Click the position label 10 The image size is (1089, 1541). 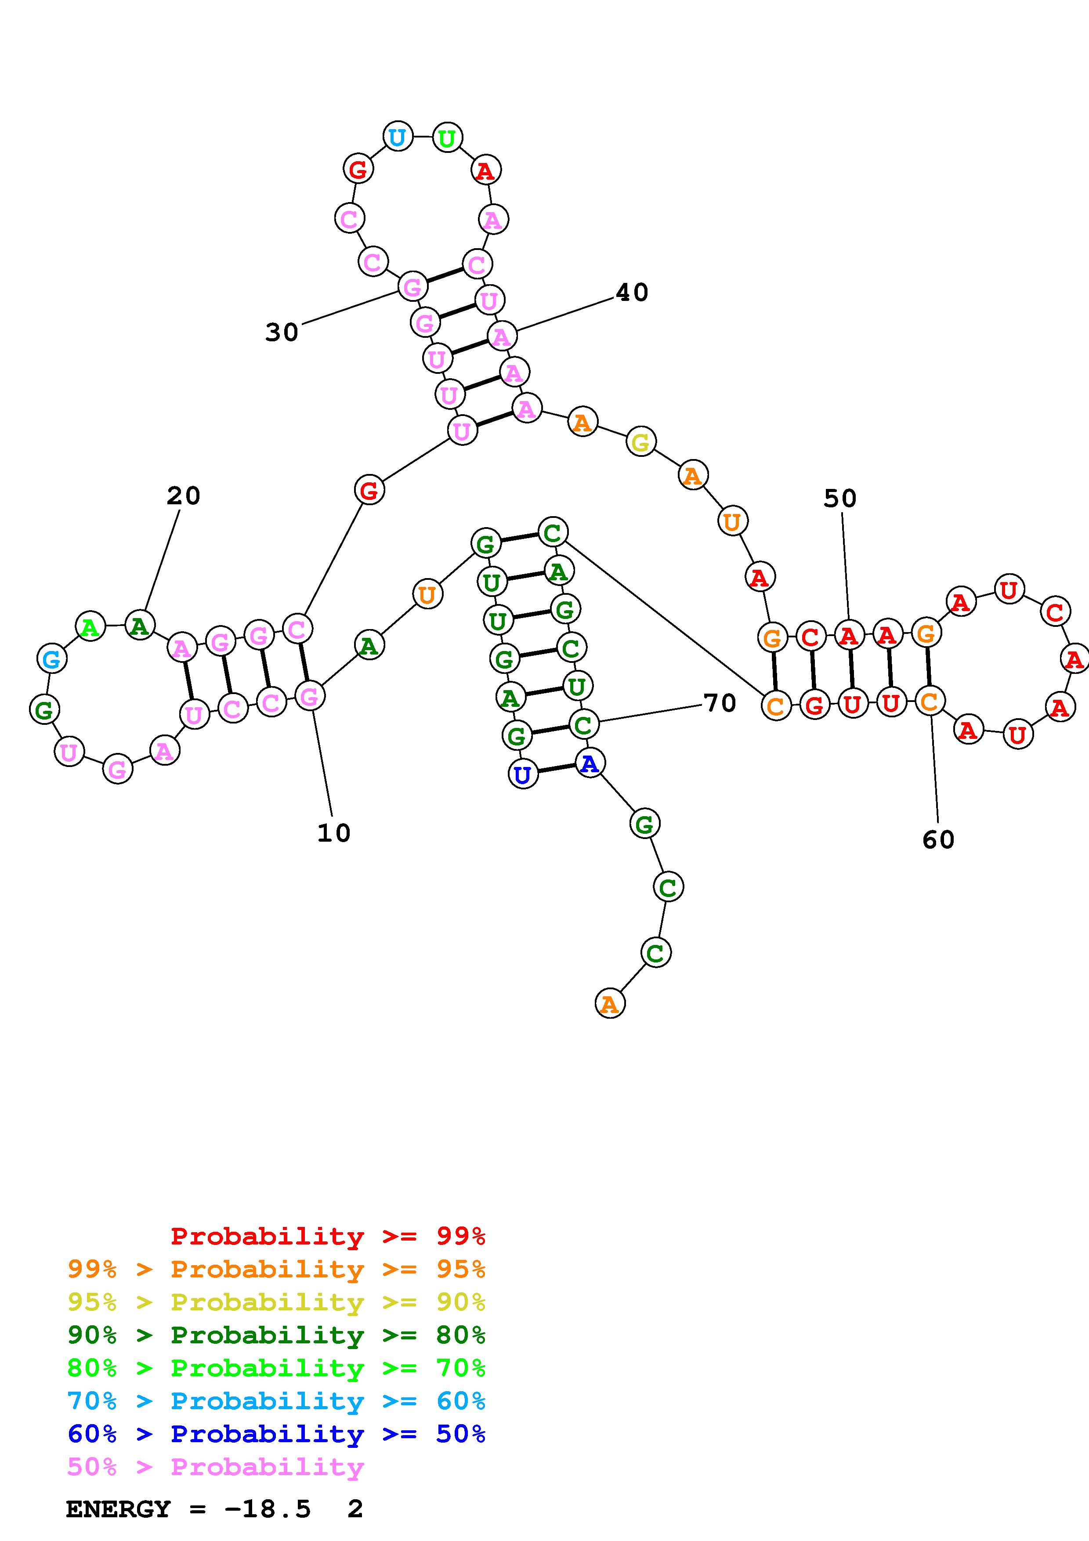click(333, 833)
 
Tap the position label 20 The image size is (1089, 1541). click(183, 496)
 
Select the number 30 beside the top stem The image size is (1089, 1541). click(282, 332)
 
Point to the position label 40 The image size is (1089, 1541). click(632, 293)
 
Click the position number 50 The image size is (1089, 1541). click(840, 498)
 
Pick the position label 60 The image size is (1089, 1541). click(938, 839)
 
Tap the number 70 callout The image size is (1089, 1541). click(720, 703)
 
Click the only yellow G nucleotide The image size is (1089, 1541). click(641, 442)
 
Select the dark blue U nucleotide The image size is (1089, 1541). click(523, 774)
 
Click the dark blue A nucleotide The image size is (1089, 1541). click(589, 763)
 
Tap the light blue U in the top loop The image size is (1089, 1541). click(397, 137)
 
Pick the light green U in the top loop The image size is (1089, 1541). click(447, 138)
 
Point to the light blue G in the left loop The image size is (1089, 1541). click(52, 659)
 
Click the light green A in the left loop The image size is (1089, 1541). click(90, 627)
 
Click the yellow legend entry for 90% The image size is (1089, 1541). click(276, 1302)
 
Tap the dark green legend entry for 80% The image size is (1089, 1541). click(276, 1335)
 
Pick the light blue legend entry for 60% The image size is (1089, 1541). click(276, 1401)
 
